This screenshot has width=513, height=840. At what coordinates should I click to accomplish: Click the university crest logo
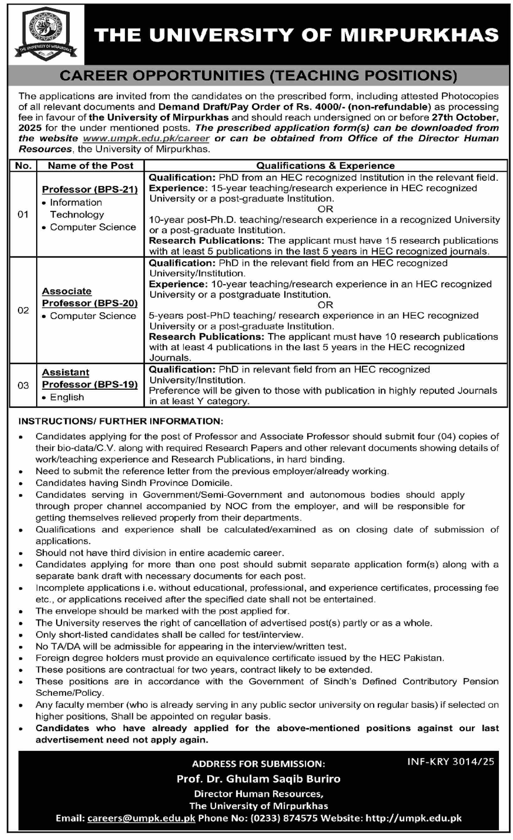pyautogui.click(x=45, y=34)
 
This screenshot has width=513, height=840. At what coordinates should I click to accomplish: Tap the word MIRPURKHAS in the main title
pyautogui.click(x=419, y=35)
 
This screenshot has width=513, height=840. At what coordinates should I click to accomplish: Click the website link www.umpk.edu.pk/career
pyautogui.click(x=146, y=138)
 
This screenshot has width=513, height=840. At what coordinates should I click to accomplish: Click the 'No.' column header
pyautogui.click(x=23, y=166)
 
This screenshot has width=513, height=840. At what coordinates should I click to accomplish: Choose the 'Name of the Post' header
pyautogui.click(x=90, y=166)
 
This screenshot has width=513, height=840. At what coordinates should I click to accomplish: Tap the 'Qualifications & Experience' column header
pyautogui.click(x=325, y=166)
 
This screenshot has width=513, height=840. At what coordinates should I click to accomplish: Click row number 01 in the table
pyautogui.click(x=23, y=214)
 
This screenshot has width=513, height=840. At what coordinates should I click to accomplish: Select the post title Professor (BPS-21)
pyautogui.click(x=90, y=189)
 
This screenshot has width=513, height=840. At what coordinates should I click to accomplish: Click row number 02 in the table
pyautogui.click(x=23, y=310)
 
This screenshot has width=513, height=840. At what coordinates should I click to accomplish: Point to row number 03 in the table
pyautogui.click(x=23, y=385)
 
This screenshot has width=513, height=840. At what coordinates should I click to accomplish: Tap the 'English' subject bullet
pyautogui.click(x=67, y=397)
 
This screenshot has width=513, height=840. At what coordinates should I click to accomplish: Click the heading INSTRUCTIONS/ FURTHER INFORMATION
pyautogui.click(x=121, y=421)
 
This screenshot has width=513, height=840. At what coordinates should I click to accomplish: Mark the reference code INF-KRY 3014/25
pyautogui.click(x=450, y=761)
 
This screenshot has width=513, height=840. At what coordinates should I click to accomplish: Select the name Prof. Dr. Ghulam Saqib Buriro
pyautogui.click(x=258, y=779)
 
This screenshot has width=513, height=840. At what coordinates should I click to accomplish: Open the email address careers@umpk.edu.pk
pyautogui.click(x=141, y=818)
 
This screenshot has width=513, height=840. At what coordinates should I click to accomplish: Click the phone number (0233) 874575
pyautogui.click(x=284, y=818)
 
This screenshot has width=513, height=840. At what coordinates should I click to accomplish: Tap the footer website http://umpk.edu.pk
pyautogui.click(x=414, y=818)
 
